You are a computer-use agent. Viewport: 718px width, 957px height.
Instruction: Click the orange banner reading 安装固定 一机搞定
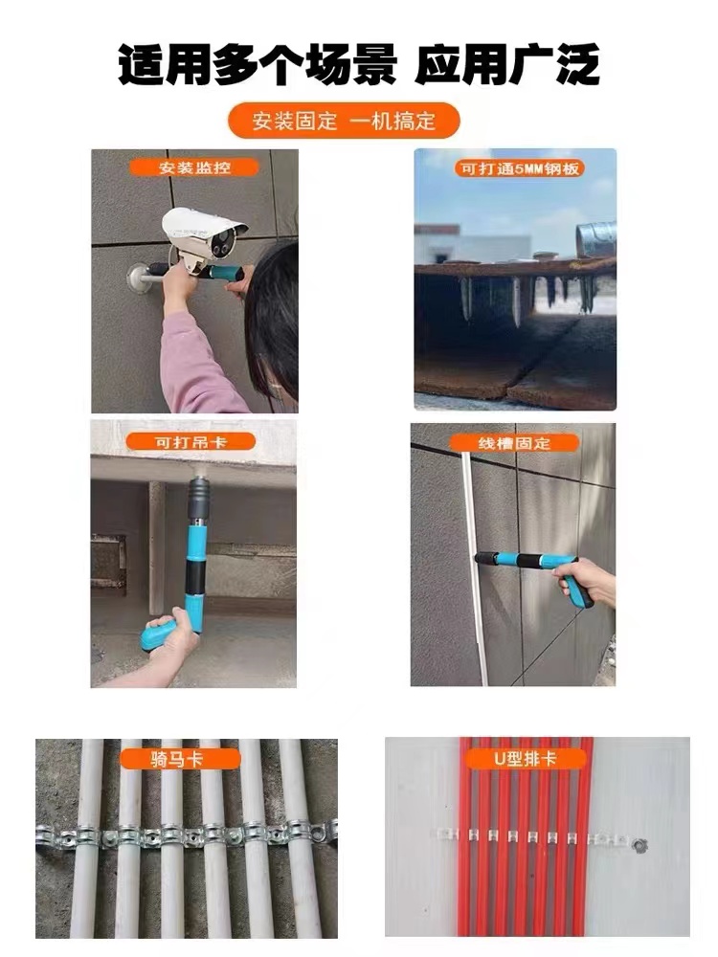pos(344,122)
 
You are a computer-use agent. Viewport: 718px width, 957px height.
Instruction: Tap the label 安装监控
pos(194,167)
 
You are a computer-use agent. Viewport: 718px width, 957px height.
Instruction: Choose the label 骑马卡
pos(168,760)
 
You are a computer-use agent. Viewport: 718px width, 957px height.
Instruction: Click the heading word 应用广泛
pos(507,66)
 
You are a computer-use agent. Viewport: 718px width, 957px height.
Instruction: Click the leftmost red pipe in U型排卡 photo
pos(465,833)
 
